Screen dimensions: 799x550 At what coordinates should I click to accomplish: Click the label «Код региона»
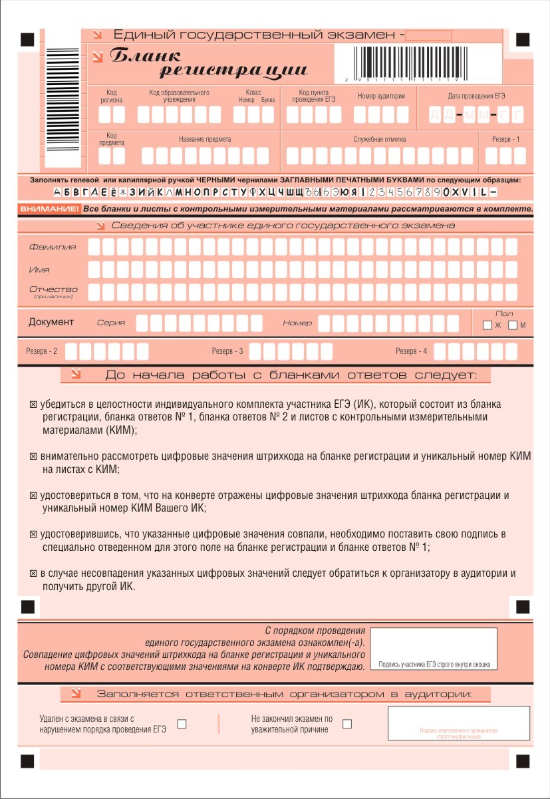[x=111, y=96]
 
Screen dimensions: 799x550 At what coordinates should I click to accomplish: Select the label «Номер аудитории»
[x=381, y=96]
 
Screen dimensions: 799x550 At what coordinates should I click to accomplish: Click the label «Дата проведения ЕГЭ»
[x=476, y=96]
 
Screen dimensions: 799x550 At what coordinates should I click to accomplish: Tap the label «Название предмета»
[x=205, y=139]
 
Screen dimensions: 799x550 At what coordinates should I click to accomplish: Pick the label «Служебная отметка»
[x=379, y=139]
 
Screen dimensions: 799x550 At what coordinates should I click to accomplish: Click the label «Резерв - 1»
[x=505, y=139]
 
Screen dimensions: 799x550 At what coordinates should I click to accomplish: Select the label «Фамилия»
[x=53, y=247]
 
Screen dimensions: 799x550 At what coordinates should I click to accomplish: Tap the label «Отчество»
[x=53, y=289]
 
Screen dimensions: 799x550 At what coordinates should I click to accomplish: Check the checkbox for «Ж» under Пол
[x=487, y=325]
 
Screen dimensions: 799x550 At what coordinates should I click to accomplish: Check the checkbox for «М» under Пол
[x=513, y=325]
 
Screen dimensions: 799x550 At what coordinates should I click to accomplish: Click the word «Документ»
[x=51, y=322]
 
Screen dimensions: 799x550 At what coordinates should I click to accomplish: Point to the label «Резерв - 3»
[x=227, y=351]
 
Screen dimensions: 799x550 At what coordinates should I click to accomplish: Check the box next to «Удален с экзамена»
[x=182, y=724]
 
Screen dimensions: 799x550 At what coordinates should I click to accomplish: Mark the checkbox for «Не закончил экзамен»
[x=346, y=724]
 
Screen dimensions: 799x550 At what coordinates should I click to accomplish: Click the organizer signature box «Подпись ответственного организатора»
[x=458, y=722]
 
